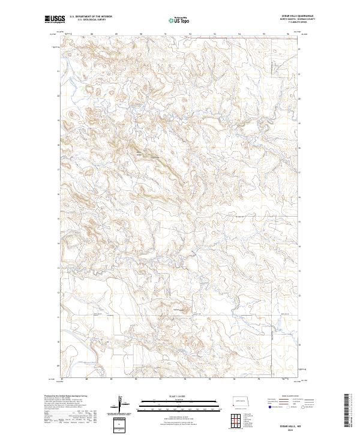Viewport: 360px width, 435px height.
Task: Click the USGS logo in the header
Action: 55,19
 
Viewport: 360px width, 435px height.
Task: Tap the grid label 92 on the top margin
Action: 190,34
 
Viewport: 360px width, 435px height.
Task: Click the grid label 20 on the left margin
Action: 58,95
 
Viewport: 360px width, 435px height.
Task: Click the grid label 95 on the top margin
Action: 264,34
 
